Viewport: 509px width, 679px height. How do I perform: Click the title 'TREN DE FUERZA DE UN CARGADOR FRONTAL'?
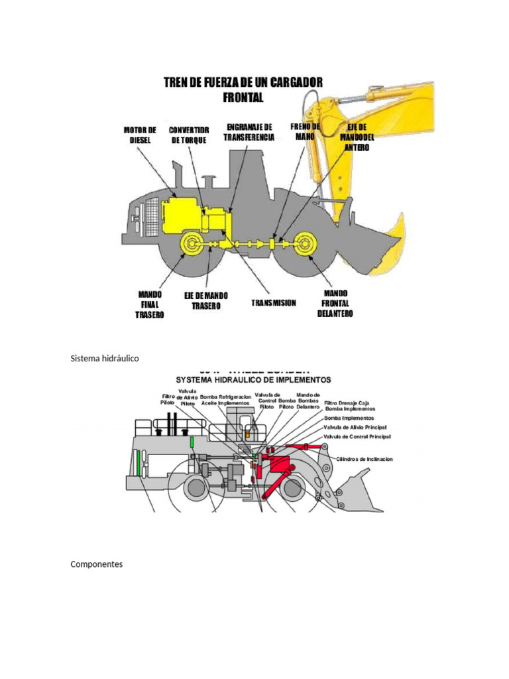(243, 90)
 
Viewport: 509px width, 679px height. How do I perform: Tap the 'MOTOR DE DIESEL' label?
(140, 135)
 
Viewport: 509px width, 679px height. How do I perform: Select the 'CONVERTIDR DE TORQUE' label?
(188, 135)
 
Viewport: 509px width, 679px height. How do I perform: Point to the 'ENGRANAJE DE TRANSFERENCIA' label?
(249, 131)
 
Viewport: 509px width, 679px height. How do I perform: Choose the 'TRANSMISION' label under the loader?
(274, 303)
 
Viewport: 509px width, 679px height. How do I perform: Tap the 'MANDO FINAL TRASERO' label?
(149, 304)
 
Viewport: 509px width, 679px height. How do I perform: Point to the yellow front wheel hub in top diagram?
(306, 245)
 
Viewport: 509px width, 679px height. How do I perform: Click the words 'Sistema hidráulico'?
(105, 358)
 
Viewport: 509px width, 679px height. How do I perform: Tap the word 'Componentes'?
(96, 564)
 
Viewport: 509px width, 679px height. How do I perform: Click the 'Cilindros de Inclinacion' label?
(365, 459)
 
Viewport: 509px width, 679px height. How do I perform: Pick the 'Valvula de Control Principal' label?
(357, 438)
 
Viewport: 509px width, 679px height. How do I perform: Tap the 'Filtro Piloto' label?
(167, 400)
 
